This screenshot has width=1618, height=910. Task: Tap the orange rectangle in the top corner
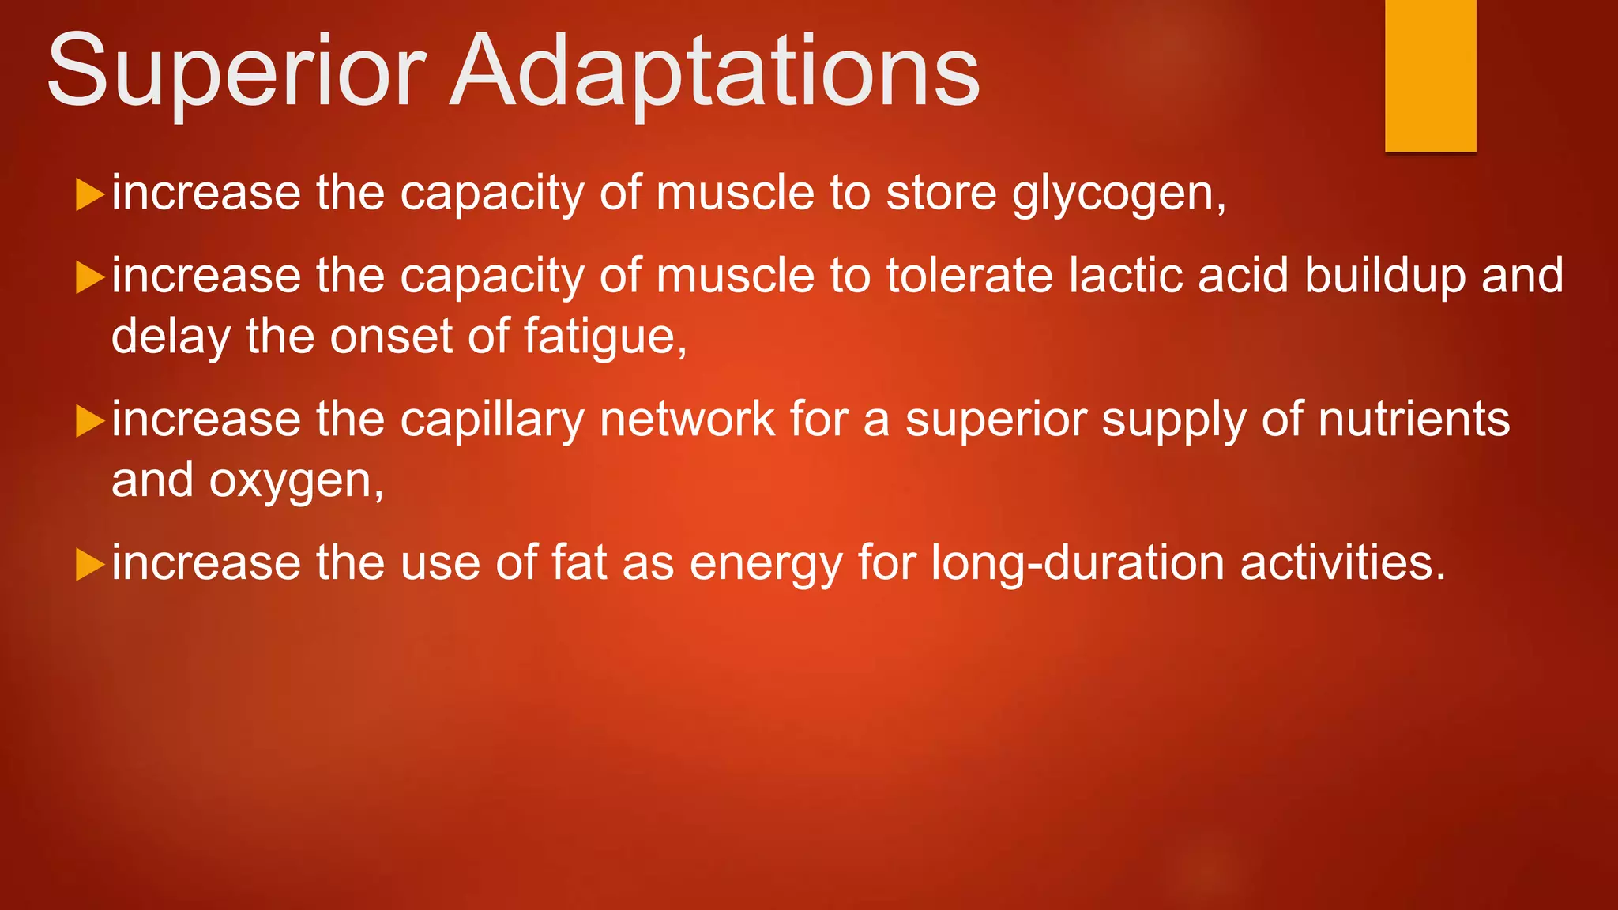click(x=1430, y=75)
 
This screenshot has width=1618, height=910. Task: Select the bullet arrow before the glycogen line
click(x=89, y=194)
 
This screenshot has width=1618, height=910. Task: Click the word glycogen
click(x=1119, y=194)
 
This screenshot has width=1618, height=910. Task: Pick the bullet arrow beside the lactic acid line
click(x=89, y=277)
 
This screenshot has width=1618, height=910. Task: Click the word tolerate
click(x=969, y=276)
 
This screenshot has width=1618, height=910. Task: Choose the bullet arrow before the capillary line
click(x=89, y=420)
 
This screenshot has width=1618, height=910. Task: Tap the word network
click(x=687, y=419)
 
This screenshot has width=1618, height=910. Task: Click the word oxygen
click(x=296, y=481)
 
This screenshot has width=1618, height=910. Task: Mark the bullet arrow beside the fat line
click(x=89, y=564)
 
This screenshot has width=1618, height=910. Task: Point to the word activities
click(x=1342, y=563)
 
